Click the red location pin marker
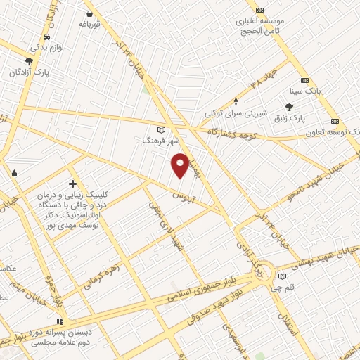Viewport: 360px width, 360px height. [x=181, y=165]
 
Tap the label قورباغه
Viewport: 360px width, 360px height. [x=91, y=24]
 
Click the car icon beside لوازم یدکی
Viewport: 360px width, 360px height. [x=46, y=36]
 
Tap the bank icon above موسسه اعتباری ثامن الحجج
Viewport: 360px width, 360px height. [x=260, y=10]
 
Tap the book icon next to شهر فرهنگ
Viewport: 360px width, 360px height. [x=162, y=130]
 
